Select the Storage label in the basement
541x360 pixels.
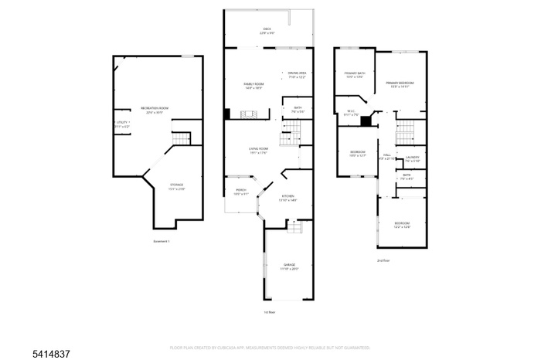coord(177,185)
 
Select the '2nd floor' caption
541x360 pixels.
coord(383,261)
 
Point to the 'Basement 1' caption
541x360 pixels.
coord(162,242)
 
